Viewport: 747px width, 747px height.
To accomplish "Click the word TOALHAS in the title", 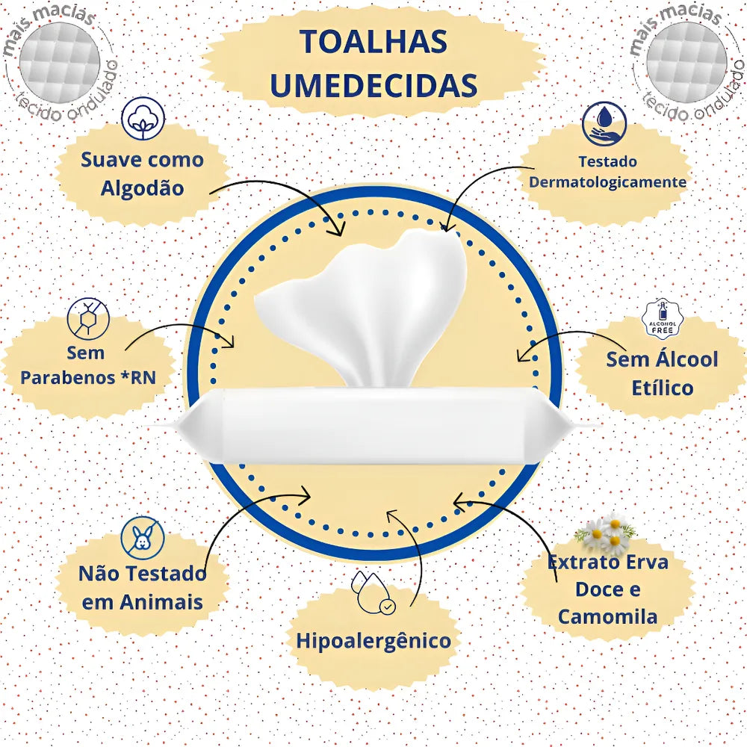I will coord(373,42).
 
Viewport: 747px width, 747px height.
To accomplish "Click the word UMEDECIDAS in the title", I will coord(373,85).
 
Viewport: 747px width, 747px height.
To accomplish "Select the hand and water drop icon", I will coord(604,124).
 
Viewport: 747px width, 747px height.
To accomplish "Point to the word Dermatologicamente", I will coord(607,182).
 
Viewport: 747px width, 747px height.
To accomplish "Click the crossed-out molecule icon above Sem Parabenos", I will coord(88,319).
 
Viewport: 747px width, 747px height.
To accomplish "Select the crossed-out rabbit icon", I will coord(142,536).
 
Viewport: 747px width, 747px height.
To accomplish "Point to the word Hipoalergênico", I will coord(373,640).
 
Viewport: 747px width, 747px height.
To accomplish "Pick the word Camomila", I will coord(607,617).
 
